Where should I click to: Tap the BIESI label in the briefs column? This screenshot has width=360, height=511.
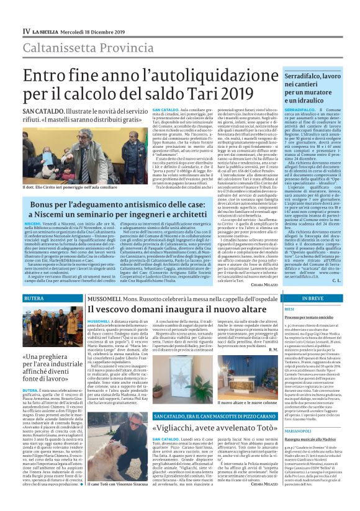tap(289, 308)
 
